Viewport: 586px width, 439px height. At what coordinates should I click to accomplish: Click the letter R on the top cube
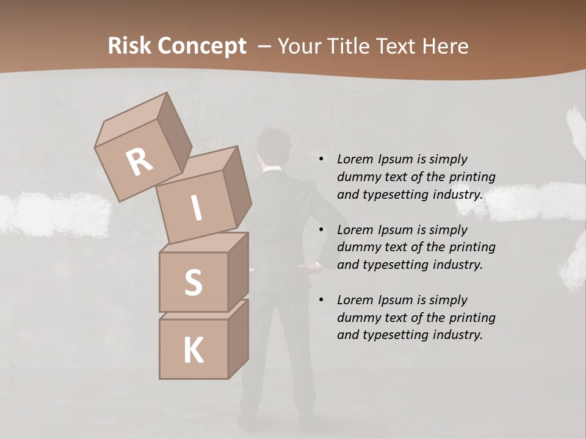point(139,162)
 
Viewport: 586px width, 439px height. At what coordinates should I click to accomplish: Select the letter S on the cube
point(193,282)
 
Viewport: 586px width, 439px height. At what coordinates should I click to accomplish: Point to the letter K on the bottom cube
point(193,351)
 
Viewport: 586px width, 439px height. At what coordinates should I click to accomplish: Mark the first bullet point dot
point(321,160)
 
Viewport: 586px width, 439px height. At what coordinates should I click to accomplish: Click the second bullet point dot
point(321,230)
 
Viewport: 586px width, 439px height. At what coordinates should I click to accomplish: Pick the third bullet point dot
point(321,301)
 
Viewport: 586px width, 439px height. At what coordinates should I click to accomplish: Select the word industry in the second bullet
point(458,265)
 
